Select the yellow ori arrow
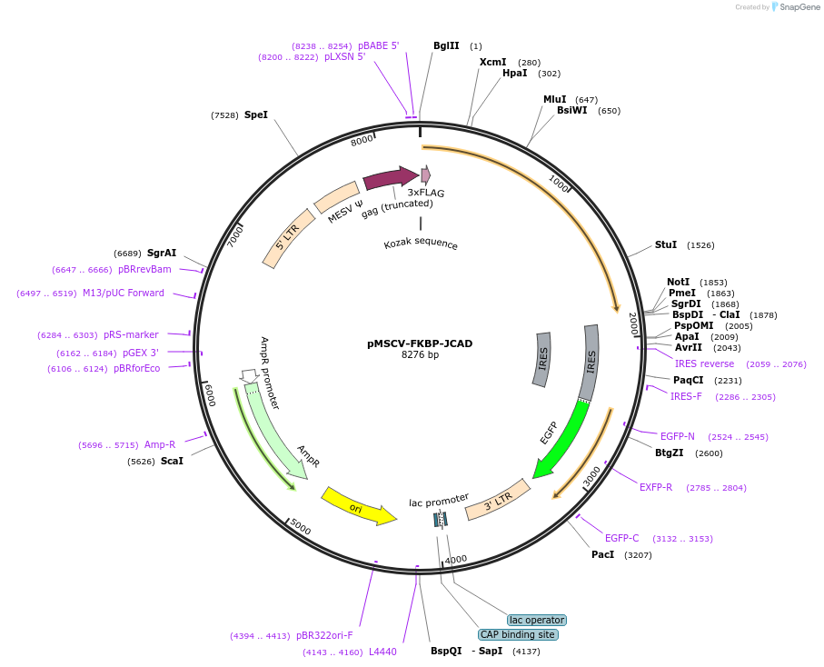click(358, 505)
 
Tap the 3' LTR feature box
click(497, 500)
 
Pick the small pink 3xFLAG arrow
click(425, 174)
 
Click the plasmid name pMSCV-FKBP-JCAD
click(420, 343)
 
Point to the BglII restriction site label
click(446, 45)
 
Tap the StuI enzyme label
click(666, 245)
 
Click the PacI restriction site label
click(602, 554)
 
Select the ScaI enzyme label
click(172, 461)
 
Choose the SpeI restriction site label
click(256, 115)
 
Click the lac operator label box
click(537, 620)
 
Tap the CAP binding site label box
click(517, 634)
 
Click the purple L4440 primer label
click(382, 652)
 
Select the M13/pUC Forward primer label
click(124, 293)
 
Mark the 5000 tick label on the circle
click(300, 530)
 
